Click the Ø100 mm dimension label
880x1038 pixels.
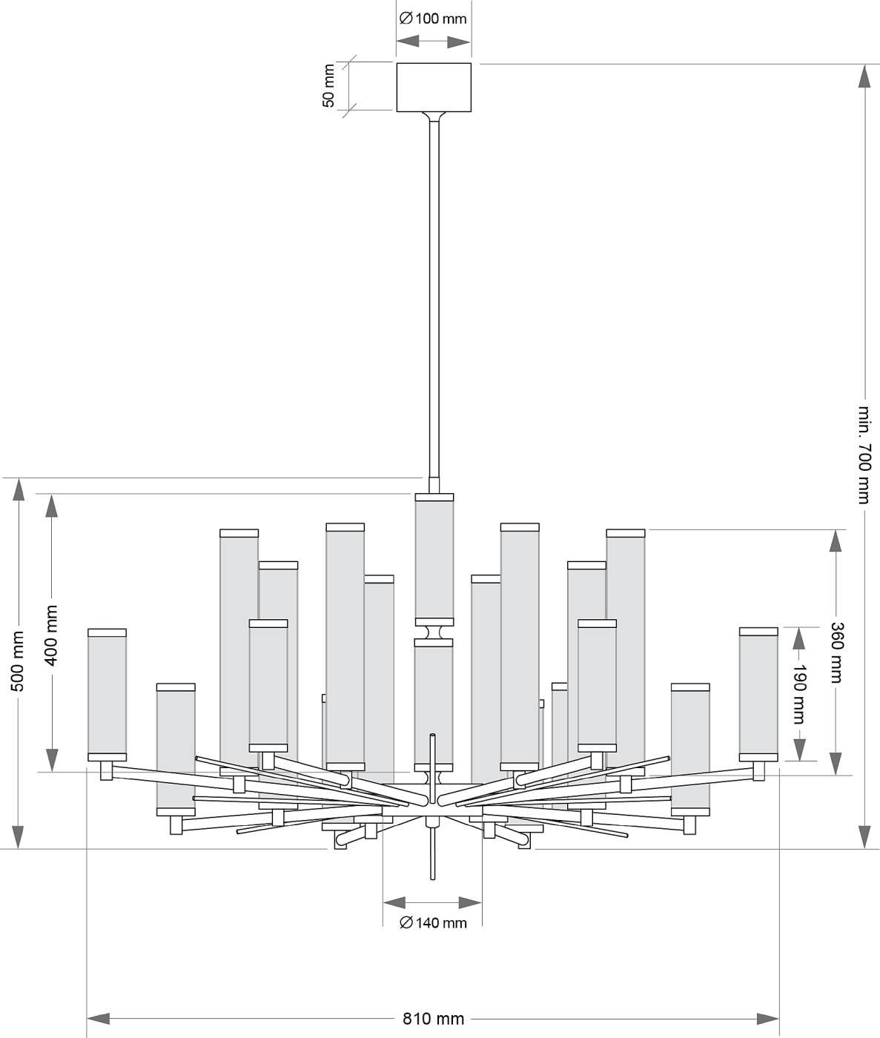point(434,19)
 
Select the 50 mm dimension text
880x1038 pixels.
point(329,86)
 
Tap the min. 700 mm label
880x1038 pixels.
point(864,454)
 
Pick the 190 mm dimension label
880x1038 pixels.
point(798,694)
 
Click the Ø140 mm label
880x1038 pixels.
point(433,923)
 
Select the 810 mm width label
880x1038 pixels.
point(434,1019)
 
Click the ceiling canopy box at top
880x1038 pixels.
point(434,87)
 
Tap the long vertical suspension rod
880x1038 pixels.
point(434,297)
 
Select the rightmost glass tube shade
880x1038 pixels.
point(758,693)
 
